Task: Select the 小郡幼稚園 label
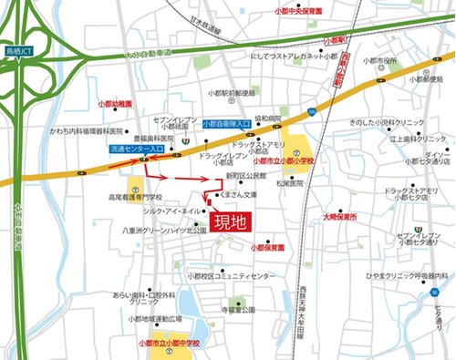click(116, 104)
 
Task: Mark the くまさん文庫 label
click(240, 196)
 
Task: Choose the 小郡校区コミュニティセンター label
click(232, 274)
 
